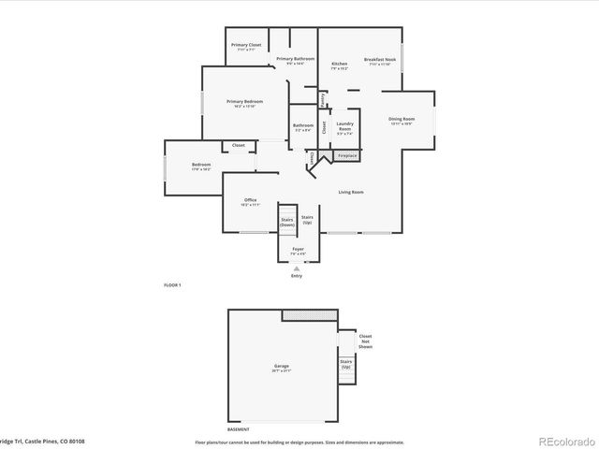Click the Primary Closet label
coord(247,46)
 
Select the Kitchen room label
coord(339,65)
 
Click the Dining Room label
coord(402,121)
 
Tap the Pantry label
coord(323,96)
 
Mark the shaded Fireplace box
coord(347,155)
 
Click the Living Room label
coord(351,192)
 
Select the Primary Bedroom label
coord(244,103)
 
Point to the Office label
coord(251,201)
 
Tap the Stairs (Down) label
coord(287,223)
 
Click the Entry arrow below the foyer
coord(297,268)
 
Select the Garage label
coord(281,367)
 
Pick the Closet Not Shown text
coord(365,341)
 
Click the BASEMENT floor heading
coord(239,429)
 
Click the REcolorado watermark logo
coord(562,440)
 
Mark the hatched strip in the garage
coord(310,316)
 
